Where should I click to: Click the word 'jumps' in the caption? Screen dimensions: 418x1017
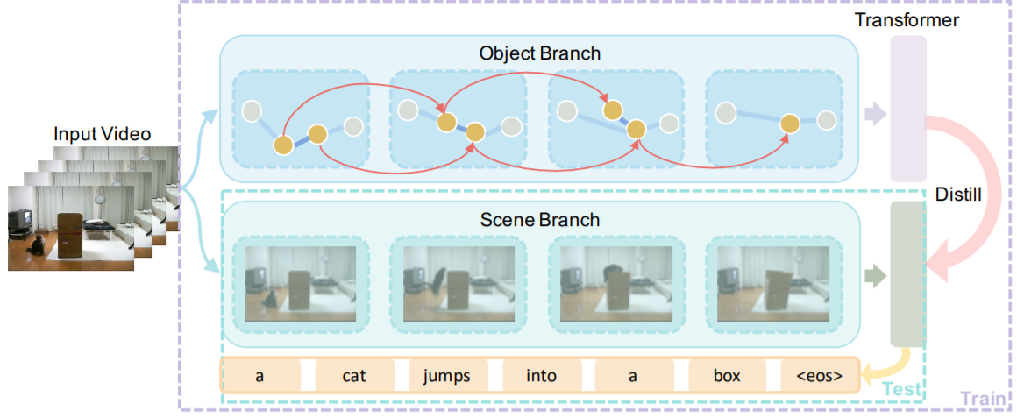[x=446, y=376]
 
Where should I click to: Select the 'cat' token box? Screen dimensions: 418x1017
[x=353, y=376]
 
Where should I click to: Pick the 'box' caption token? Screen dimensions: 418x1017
[x=727, y=376]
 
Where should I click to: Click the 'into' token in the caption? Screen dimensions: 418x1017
[x=540, y=376]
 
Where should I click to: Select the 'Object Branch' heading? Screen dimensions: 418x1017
[x=539, y=53]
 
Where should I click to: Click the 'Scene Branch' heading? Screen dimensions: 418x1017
[x=539, y=218]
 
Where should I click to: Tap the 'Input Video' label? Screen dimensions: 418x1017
[x=103, y=134]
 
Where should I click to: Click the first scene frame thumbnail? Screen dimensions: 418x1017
[x=300, y=278]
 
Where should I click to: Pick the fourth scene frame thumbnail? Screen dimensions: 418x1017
[x=772, y=278]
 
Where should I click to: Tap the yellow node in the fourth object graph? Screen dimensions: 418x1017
[x=790, y=124]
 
